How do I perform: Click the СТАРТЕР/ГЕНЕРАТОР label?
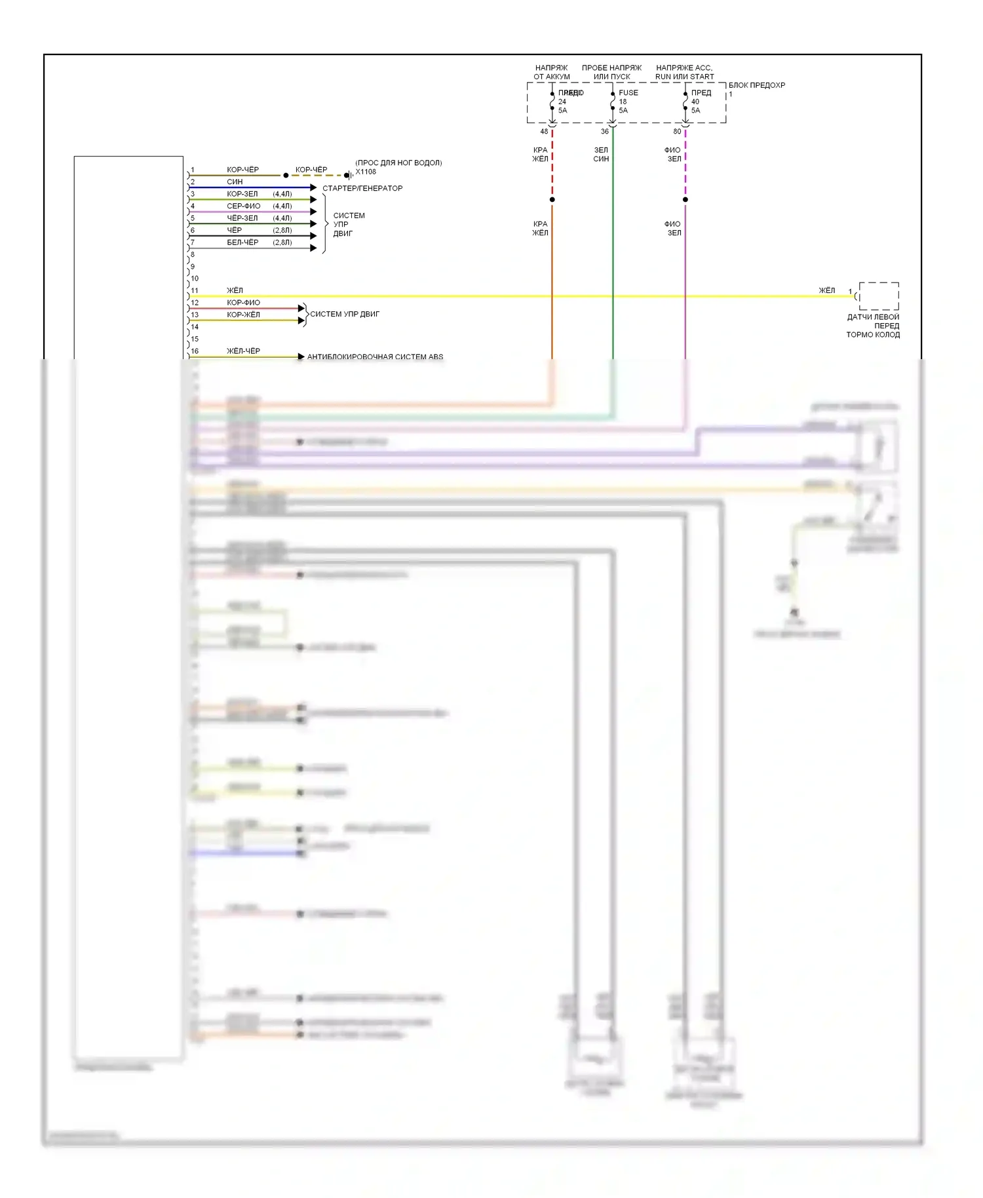(x=362, y=188)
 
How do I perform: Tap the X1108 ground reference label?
(x=366, y=172)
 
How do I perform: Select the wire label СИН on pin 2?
(x=235, y=182)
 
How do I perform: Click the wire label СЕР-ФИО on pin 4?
(x=243, y=206)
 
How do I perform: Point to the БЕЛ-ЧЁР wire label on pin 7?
(x=242, y=242)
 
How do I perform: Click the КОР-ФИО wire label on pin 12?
(x=243, y=303)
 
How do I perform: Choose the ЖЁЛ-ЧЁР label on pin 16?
(x=243, y=351)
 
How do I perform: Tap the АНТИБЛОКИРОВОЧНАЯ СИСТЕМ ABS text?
(x=375, y=357)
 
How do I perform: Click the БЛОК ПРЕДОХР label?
(x=756, y=85)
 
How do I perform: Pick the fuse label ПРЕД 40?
(x=701, y=97)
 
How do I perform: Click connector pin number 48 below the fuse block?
(x=544, y=132)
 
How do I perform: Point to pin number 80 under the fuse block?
(x=677, y=132)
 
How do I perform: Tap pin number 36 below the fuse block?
(x=605, y=132)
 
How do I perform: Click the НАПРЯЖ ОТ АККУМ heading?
(x=552, y=72)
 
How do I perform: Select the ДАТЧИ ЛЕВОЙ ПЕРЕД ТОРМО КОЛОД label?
(x=873, y=326)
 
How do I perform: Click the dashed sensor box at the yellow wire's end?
(x=879, y=296)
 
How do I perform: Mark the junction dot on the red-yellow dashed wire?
(x=552, y=199)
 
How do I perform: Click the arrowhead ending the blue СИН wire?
(x=314, y=188)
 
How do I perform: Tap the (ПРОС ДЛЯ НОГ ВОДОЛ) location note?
(x=398, y=163)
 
